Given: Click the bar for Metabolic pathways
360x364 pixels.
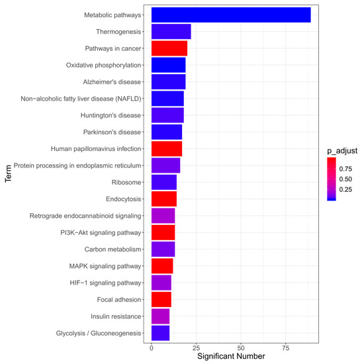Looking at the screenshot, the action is (x=231, y=15).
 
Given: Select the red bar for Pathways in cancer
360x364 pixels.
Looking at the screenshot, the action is (x=169, y=48).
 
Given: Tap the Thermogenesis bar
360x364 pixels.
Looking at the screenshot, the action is (x=171, y=32).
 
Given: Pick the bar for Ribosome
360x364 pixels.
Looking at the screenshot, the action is (x=164, y=182).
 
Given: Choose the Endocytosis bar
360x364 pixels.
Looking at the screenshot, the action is (x=164, y=199).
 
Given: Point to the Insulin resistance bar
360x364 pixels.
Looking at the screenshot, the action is (x=160, y=316).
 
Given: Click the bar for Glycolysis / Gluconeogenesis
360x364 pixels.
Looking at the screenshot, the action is (x=160, y=333).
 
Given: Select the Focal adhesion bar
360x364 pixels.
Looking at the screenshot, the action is (x=161, y=299).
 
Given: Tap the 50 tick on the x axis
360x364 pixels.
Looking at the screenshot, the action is (x=241, y=348).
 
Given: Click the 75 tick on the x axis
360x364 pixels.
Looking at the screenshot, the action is (x=286, y=348).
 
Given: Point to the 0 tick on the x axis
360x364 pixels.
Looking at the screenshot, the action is (x=152, y=348).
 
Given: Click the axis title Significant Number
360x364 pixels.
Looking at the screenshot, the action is (x=231, y=356).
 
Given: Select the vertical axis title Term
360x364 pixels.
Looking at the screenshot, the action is (x=8, y=173).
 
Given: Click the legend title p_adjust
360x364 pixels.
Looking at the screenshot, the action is (x=342, y=151).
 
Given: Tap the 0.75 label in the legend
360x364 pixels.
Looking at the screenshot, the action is (x=345, y=169).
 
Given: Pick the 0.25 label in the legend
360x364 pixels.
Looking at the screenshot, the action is (x=345, y=189).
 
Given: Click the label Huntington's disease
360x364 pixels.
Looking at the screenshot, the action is (x=111, y=115).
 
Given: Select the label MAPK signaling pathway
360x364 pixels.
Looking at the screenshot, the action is (x=105, y=266).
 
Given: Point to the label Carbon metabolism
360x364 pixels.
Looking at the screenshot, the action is (x=112, y=250).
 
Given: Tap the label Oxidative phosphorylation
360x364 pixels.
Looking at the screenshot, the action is (x=103, y=66).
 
